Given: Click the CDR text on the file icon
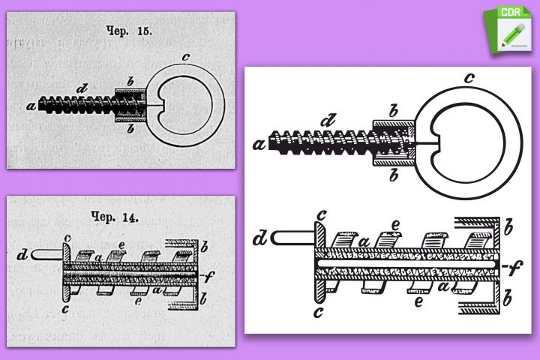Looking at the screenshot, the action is click(511, 13).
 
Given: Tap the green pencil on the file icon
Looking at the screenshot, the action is click(513, 34).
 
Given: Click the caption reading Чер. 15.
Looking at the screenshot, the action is click(129, 31).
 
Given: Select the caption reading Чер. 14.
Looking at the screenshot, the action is click(115, 217).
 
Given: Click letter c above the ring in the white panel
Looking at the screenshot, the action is click(469, 78).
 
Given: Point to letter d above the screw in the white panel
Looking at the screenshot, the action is click(328, 120).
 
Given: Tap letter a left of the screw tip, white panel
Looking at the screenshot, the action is click(259, 144).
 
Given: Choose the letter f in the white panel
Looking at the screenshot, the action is click(514, 267).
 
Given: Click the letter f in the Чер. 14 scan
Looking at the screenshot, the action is click(208, 276).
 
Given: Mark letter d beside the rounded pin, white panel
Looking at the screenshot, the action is click(261, 238).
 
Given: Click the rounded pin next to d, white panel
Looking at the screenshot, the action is click(293, 238).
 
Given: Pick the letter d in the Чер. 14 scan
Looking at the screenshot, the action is click(22, 255).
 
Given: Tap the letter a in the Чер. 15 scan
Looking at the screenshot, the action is click(31, 106).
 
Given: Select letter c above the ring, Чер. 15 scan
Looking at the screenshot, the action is click(186, 57).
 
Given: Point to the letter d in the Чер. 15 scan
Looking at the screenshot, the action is click(82, 88).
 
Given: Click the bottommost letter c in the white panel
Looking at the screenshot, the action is click(319, 312).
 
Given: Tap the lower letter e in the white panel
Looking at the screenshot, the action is click(418, 301).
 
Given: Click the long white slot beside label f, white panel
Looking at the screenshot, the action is click(406, 264).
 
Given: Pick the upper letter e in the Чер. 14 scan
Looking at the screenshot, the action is click(121, 245).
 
